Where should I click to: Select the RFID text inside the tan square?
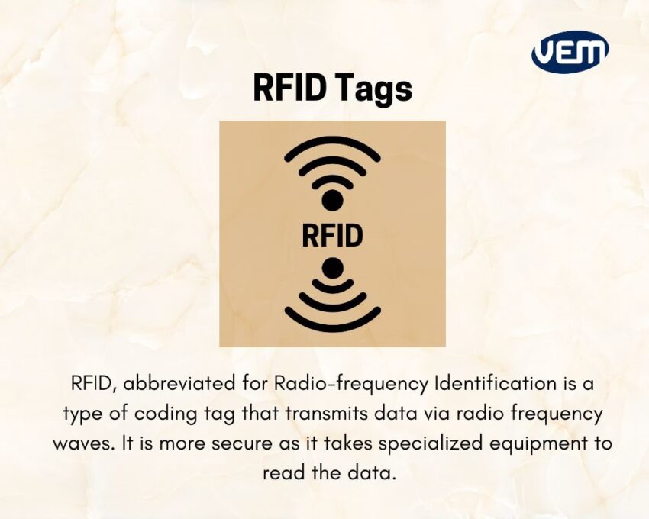click(332, 235)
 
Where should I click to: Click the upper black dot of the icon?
click(332, 201)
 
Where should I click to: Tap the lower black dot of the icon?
click(332, 268)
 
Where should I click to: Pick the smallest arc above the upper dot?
click(332, 179)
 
